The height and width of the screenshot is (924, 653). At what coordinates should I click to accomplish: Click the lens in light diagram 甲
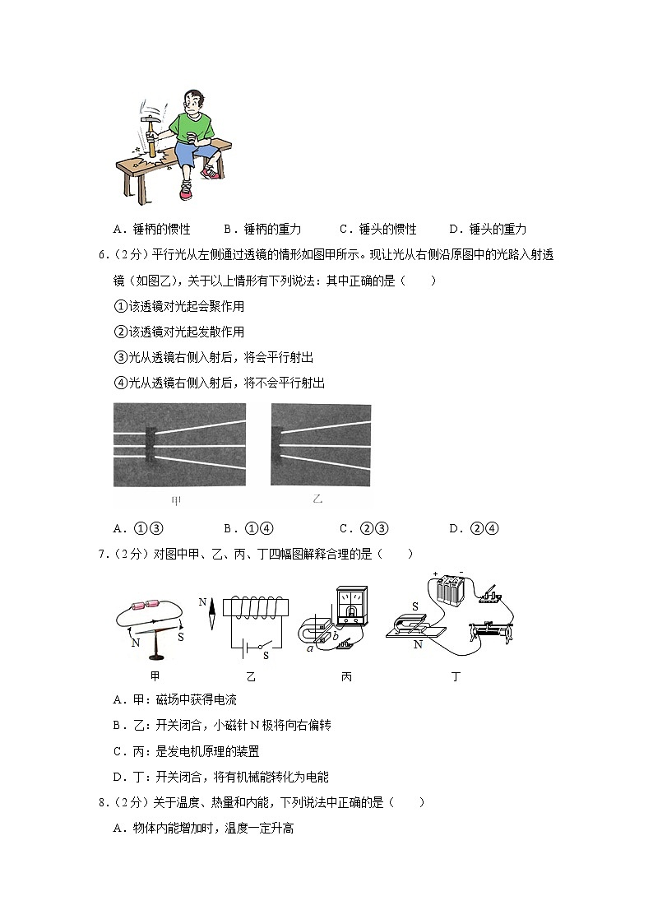click(x=151, y=445)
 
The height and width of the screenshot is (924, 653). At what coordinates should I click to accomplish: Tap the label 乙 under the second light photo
click(x=317, y=499)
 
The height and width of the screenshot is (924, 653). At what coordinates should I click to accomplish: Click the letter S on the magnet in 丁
click(x=415, y=606)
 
